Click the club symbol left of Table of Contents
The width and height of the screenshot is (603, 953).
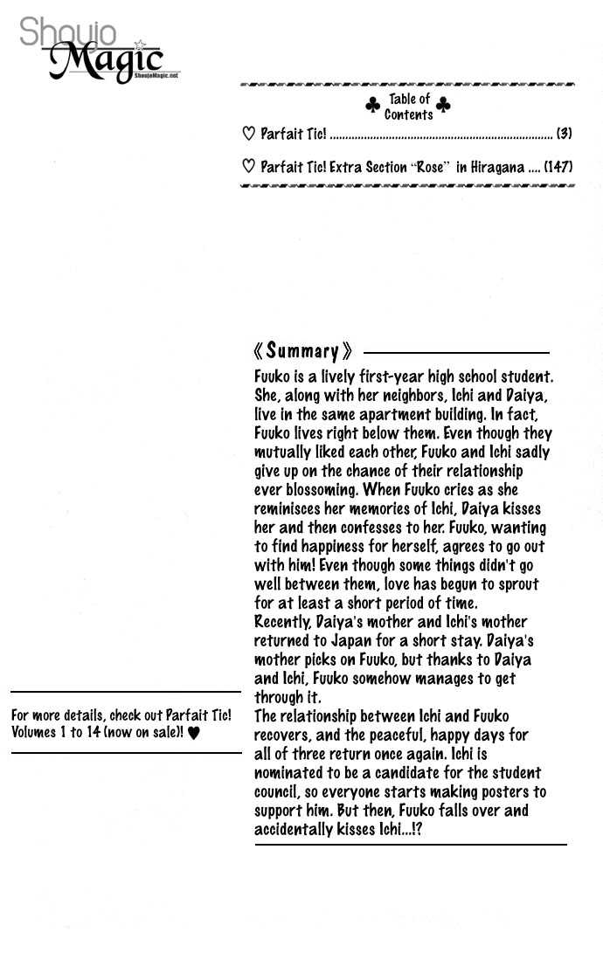(x=373, y=106)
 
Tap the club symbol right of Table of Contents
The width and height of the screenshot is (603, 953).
(x=443, y=106)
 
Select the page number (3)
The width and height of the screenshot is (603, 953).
(x=565, y=134)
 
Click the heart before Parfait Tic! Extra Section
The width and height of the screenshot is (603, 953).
(x=248, y=166)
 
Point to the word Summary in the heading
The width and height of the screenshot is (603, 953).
(x=302, y=351)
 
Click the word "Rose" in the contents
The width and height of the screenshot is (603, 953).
(x=430, y=166)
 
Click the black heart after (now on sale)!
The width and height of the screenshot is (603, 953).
(x=194, y=732)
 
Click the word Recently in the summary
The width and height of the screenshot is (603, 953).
(x=282, y=622)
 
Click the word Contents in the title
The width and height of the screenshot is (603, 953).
(x=408, y=114)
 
